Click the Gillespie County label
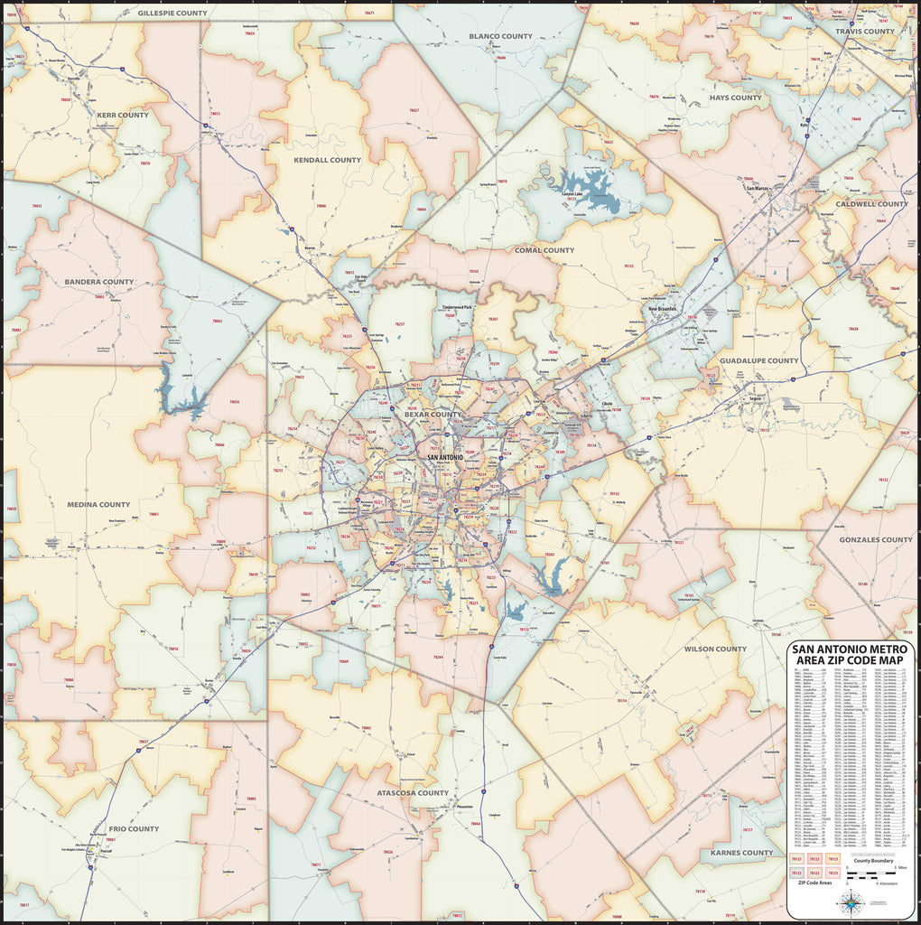click(172, 14)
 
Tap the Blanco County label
click(500, 36)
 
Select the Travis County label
click(864, 32)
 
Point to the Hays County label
click(735, 98)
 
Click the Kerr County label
click(122, 115)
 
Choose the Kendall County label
click(327, 160)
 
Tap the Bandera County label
click(98, 282)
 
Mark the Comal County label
click(544, 250)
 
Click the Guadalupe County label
click(758, 360)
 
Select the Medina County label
click(98, 504)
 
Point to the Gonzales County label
click(875, 539)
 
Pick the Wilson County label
click(715, 649)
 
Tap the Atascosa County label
click(413, 793)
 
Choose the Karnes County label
click(741, 852)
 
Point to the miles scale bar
click(874, 874)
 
